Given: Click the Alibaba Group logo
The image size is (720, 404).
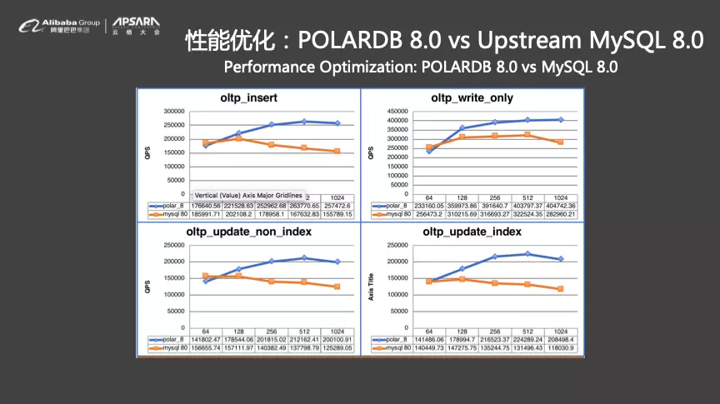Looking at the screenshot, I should point(58,27).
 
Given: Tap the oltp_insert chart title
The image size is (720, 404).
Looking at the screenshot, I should point(248,97).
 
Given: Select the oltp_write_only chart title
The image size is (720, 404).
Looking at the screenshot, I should point(472,97).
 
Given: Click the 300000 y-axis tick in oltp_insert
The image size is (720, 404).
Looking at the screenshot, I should point(174,111).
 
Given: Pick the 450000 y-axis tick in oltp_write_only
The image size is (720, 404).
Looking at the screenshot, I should point(396,111).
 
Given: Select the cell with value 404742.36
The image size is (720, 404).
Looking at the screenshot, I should point(561,204).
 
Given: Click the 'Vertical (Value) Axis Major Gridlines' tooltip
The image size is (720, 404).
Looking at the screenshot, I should point(249,195).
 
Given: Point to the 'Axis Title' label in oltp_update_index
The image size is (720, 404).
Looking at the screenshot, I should point(372,287).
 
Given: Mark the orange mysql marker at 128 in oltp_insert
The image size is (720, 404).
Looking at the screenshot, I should point(238,137).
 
